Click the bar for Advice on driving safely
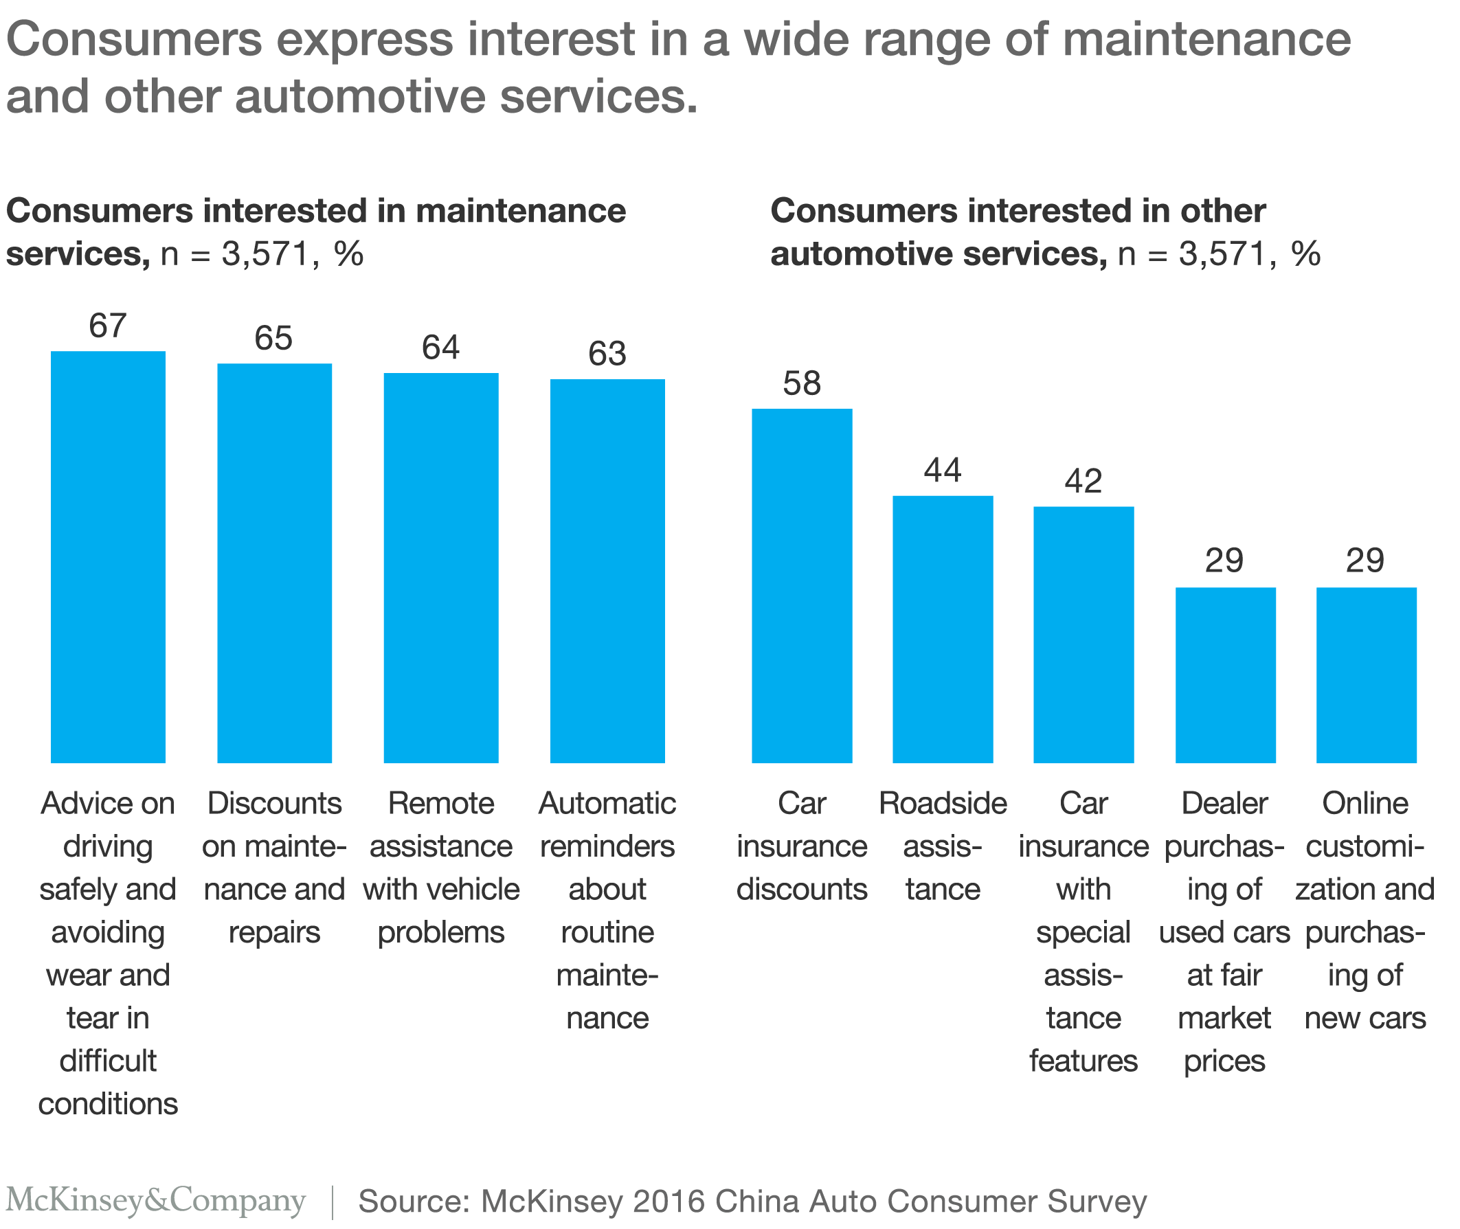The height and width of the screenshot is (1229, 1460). (108, 556)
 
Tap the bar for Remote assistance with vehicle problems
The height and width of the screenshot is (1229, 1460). (441, 568)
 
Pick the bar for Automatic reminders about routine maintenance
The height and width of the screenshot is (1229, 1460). (607, 571)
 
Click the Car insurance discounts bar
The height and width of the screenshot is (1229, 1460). (801, 585)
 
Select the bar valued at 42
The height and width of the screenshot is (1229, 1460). (1083, 634)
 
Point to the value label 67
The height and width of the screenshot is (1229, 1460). (108, 326)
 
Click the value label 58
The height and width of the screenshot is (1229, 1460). (801, 383)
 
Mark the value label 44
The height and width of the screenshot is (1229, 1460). (942, 471)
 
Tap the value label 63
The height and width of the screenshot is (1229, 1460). (607, 354)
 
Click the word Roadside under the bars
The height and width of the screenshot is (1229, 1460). (942, 803)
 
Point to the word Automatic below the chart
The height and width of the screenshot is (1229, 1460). (607, 803)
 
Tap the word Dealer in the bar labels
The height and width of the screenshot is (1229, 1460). (1224, 803)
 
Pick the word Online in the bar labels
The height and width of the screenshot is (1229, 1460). (1365, 803)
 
